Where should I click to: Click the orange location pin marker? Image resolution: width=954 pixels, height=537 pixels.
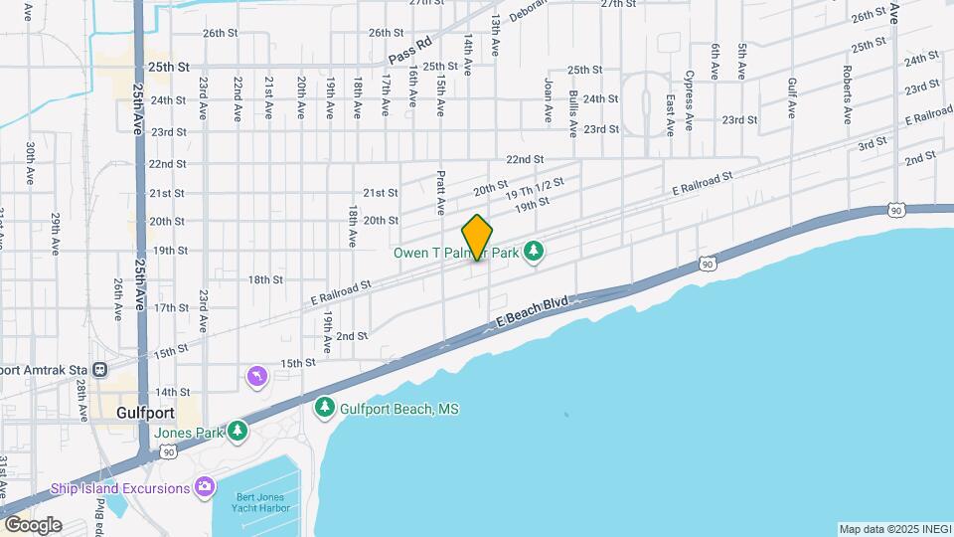click(x=477, y=238)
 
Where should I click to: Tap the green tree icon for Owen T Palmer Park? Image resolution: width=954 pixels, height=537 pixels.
click(x=534, y=251)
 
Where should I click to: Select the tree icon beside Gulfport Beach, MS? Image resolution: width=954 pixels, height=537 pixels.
click(x=325, y=407)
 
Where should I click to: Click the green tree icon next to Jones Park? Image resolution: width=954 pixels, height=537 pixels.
click(x=237, y=431)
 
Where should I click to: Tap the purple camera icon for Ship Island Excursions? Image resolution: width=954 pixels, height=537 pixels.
click(x=205, y=487)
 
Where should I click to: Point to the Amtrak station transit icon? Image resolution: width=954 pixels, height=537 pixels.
click(x=100, y=369)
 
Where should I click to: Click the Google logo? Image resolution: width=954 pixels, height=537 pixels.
click(x=33, y=524)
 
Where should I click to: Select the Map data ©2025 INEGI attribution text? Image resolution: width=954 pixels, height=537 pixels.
click(x=893, y=529)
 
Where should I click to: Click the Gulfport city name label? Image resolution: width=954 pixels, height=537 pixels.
click(x=145, y=413)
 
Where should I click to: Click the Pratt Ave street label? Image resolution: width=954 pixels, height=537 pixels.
click(x=440, y=192)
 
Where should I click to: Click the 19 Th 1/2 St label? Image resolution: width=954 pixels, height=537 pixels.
click(x=535, y=189)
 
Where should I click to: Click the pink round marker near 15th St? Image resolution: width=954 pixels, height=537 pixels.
click(x=256, y=376)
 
